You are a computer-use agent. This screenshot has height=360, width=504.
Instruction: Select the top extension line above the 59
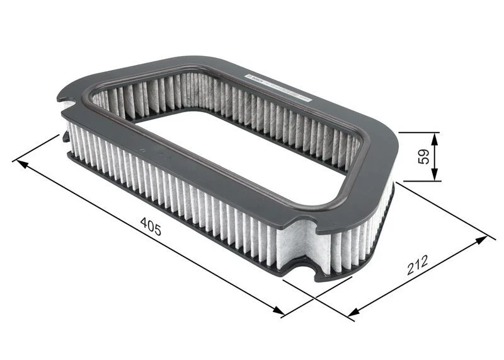418,132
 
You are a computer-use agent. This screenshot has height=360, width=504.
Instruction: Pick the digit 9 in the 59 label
426,152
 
